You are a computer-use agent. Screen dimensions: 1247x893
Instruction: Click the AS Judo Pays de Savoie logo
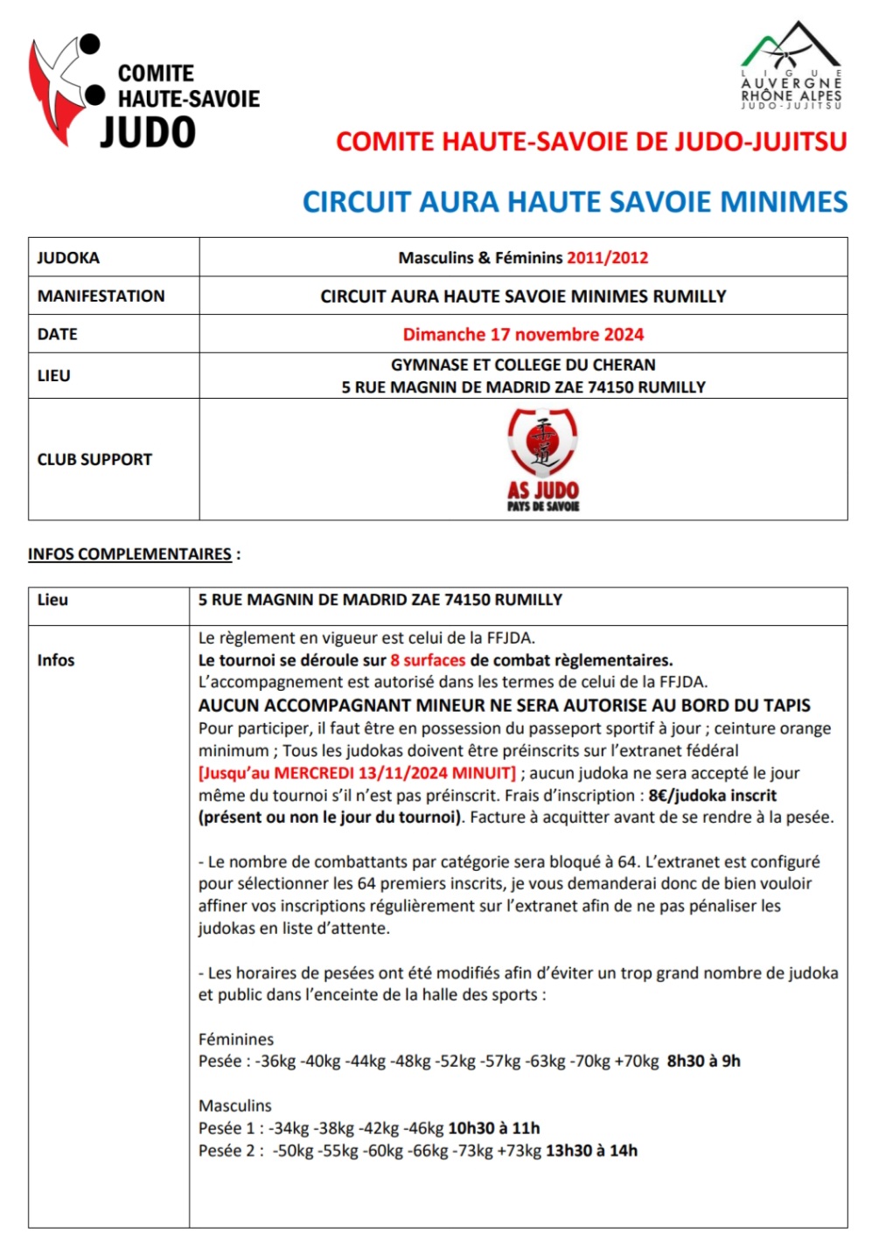pos(543,459)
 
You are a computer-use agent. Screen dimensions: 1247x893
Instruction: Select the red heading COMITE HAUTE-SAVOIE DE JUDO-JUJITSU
pos(591,142)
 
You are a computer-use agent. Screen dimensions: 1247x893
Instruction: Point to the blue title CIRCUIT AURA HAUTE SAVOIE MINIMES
pos(575,202)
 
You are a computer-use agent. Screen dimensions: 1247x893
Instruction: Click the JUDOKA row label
pos(68,258)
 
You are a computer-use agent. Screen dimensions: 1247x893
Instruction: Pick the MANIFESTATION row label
pos(101,296)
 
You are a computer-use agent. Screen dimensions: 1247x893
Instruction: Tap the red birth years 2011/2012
pos(607,258)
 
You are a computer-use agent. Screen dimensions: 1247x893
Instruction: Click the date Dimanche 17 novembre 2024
pos(523,334)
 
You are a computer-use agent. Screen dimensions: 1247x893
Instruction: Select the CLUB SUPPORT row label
pos(94,460)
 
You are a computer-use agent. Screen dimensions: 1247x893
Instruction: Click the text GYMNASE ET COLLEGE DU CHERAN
pos(523,365)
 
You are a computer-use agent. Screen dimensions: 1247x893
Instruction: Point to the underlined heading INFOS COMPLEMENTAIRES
pos(129,554)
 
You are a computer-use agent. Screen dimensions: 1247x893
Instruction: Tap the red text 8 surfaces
pos(428,660)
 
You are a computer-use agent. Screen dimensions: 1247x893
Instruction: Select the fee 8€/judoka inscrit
pos(712,796)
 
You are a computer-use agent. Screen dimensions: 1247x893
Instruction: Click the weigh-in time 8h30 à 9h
pos(703,1062)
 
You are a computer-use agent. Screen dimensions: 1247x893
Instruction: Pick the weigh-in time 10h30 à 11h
pos(493,1128)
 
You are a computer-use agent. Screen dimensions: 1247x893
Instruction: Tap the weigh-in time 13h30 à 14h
pos(591,1151)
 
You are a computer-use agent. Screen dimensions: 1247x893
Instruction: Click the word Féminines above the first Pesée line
pos(236,1040)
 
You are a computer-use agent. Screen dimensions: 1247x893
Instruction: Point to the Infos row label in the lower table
pos(56,660)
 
